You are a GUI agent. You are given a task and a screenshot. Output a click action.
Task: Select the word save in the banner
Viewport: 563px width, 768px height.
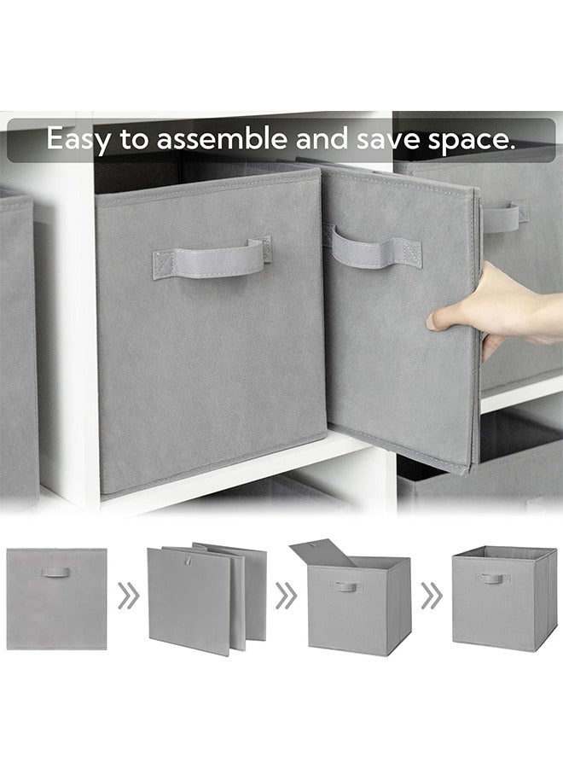pyautogui.click(x=406, y=139)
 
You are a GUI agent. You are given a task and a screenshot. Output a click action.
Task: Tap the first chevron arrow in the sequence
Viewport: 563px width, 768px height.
pyautogui.click(x=128, y=596)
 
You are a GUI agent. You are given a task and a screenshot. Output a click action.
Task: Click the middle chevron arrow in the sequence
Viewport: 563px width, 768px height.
pyautogui.click(x=285, y=596)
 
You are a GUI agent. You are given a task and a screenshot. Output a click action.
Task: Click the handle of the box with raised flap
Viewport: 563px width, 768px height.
pyautogui.click(x=346, y=587)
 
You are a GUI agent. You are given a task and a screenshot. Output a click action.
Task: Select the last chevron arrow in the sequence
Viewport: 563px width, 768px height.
pyautogui.click(x=432, y=596)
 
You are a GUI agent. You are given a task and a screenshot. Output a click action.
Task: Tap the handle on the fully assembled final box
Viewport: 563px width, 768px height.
pyautogui.click(x=492, y=579)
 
